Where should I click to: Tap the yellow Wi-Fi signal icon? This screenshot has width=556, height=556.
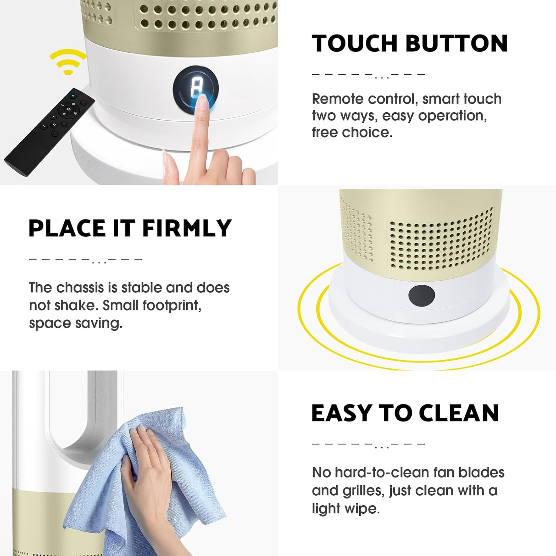[x=68, y=62]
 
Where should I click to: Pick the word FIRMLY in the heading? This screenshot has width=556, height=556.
[x=187, y=228]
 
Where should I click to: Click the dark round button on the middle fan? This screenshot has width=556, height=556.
[x=421, y=295]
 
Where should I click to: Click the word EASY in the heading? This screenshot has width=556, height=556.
[x=341, y=413]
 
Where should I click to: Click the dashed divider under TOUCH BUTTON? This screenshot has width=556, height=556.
[x=368, y=75]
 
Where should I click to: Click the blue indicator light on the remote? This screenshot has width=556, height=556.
[x=73, y=96]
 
